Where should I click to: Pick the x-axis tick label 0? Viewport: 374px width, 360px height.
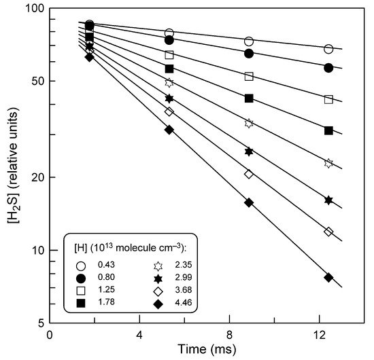[49, 336]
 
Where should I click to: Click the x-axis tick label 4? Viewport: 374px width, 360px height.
[139, 336]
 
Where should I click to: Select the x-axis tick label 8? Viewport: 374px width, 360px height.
[229, 336]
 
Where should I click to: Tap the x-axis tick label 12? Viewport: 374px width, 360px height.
[319, 336]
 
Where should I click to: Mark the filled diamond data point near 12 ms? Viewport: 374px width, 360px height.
[328, 277]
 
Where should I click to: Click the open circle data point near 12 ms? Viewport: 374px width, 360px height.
[328, 49]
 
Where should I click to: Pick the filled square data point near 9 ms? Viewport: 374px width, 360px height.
[249, 98]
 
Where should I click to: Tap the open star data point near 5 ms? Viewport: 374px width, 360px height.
[169, 82]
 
